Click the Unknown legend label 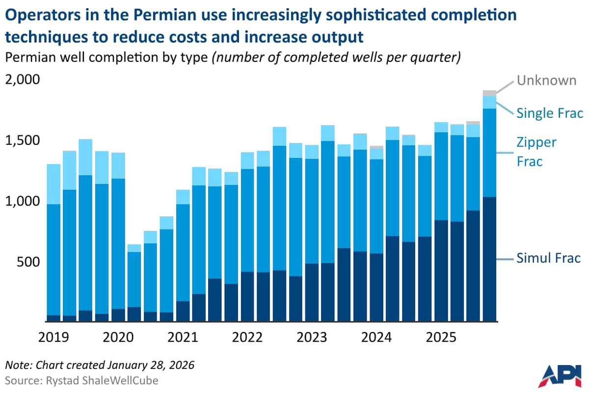[546, 80]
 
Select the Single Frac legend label [549, 113]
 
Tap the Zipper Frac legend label [536, 152]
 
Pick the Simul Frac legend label [548, 258]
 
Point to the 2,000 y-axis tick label [22, 80]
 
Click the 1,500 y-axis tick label [22, 141]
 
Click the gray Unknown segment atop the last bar [489, 93]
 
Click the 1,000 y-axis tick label [22, 201]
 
